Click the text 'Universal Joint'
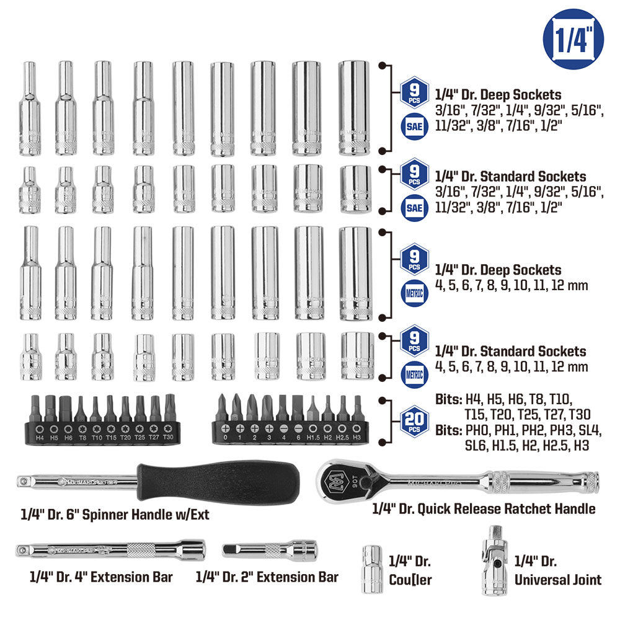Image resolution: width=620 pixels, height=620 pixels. [x=558, y=580]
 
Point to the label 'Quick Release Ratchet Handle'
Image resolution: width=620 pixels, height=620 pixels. [x=484, y=508]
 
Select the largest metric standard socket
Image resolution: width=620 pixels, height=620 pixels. [x=357, y=356]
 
